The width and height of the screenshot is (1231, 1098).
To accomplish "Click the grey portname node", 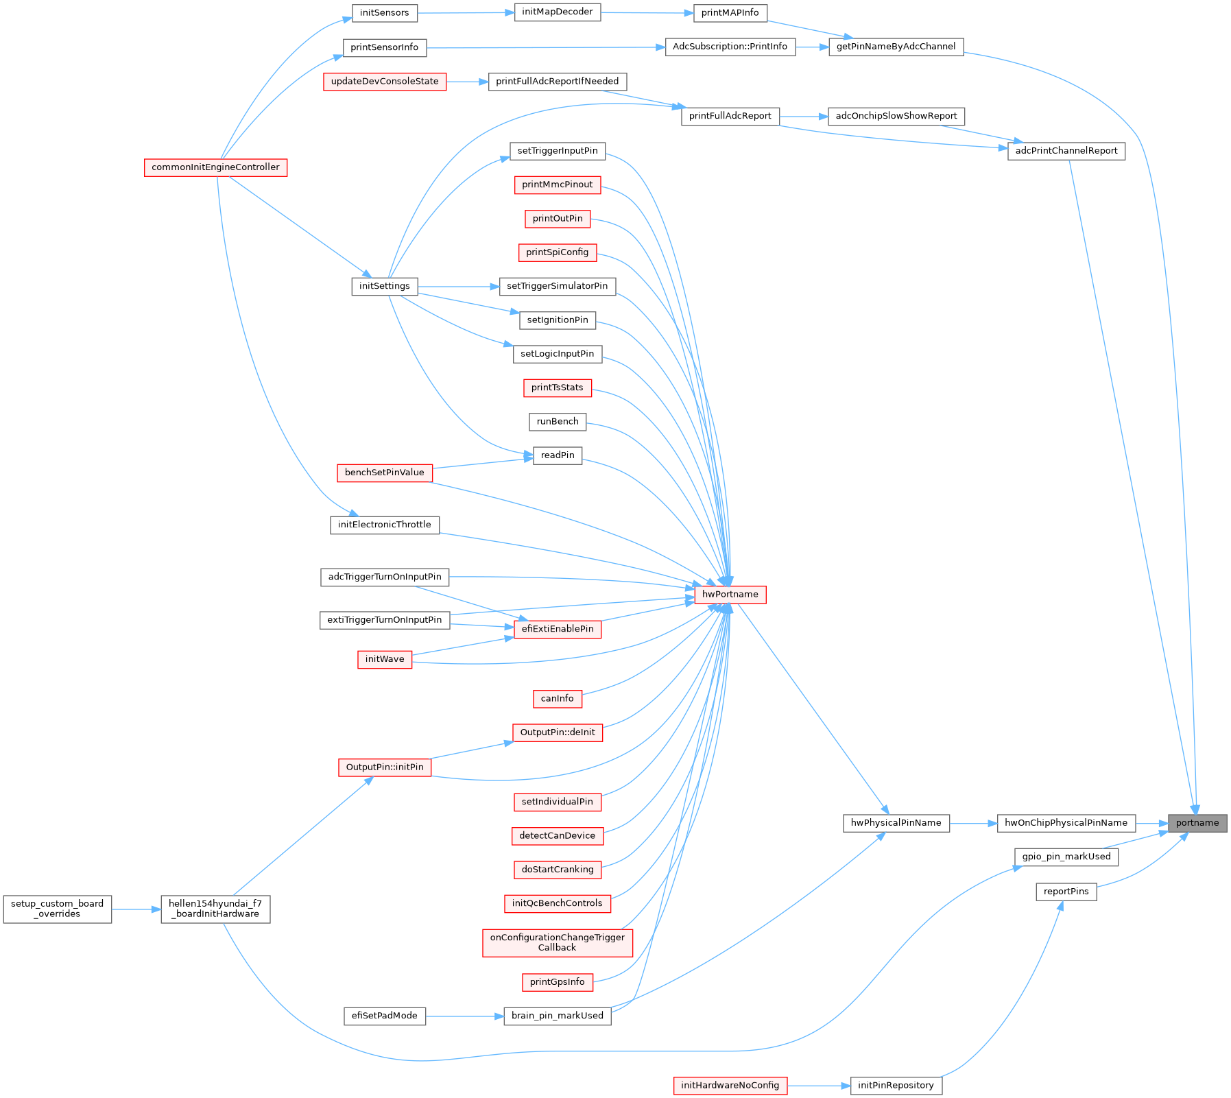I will pyautogui.click(x=1197, y=823).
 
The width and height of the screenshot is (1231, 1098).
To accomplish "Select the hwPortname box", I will pyautogui.click(x=730, y=595).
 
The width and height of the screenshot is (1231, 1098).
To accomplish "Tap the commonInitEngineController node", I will pyautogui.click(x=215, y=167).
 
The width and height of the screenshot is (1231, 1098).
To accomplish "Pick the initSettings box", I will pyautogui.click(x=384, y=286).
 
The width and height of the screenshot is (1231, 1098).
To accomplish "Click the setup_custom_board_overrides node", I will pyautogui.click(x=57, y=909).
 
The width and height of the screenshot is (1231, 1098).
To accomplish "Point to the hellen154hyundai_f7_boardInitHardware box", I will pyautogui.click(x=215, y=909).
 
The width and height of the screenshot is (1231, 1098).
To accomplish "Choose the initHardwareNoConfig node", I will pyautogui.click(x=730, y=1086).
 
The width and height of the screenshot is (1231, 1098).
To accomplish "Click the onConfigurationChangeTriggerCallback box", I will pyautogui.click(x=557, y=943).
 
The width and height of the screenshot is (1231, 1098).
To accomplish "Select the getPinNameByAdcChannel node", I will pyautogui.click(x=896, y=47).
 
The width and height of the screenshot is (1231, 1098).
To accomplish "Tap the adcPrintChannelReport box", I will pyautogui.click(x=1066, y=151).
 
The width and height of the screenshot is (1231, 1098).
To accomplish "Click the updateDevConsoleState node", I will pyautogui.click(x=384, y=82).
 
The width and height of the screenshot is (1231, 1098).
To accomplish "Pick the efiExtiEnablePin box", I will pyautogui.click(x=557, y=629).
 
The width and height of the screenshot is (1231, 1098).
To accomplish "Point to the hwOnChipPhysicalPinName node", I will pyautogui.click(x=1066, y=823).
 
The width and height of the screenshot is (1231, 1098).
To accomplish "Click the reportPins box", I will pyautogui.click(x=1066, y=892).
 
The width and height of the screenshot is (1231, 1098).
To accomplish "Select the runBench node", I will pyautogui.click(x=557, y=422).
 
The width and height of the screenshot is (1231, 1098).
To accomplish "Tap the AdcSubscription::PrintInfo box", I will pyautogui.click(x=730, y=47).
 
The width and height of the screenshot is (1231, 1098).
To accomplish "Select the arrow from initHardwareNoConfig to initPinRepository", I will pyautogui.click(x=819, y=1086).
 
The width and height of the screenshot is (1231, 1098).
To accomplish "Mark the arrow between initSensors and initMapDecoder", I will pyautogui.click(x=466, y=12).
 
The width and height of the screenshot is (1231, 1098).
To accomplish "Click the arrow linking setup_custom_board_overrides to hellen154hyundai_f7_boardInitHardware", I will pyautogui.click(x=136, y=909).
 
